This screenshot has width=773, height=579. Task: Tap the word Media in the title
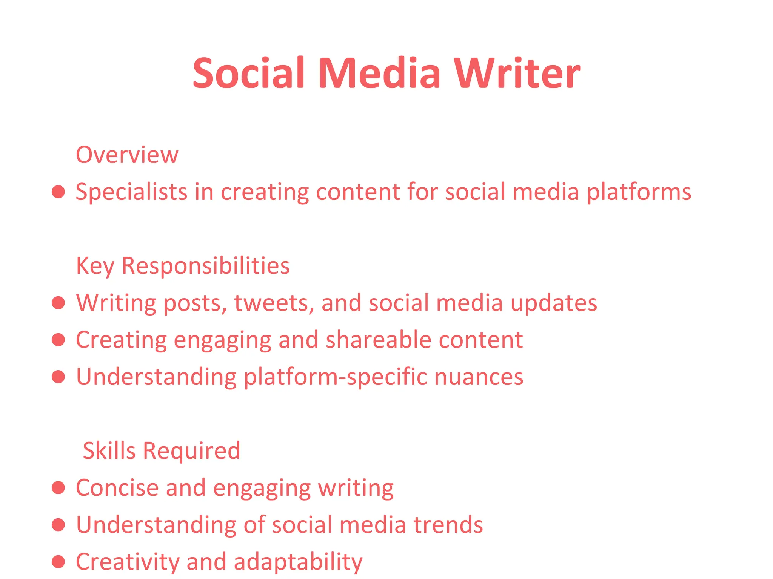[x=379, y=74]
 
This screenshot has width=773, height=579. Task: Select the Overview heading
[x=127, y=155]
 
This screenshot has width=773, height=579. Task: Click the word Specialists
[x=131, y=192]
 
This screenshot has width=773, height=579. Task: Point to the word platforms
[x=639, y=192]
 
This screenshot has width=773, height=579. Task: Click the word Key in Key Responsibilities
[x=95, y=266]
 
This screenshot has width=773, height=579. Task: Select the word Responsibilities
[x=205, y=266]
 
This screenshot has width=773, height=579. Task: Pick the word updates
[x=554, y=303]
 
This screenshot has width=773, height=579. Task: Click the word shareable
[x=378, y=340]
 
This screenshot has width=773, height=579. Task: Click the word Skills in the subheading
[x=109, y=450]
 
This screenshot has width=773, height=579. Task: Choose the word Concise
[x=117, y=488]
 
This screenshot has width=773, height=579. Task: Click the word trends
[x=448, y=525]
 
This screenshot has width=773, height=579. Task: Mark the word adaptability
[x=298, y=562]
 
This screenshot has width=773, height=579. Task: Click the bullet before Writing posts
[x=59, y=303]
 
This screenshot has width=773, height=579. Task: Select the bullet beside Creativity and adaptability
[x=59, y=562]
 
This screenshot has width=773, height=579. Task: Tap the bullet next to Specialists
[x=59, y=192]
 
